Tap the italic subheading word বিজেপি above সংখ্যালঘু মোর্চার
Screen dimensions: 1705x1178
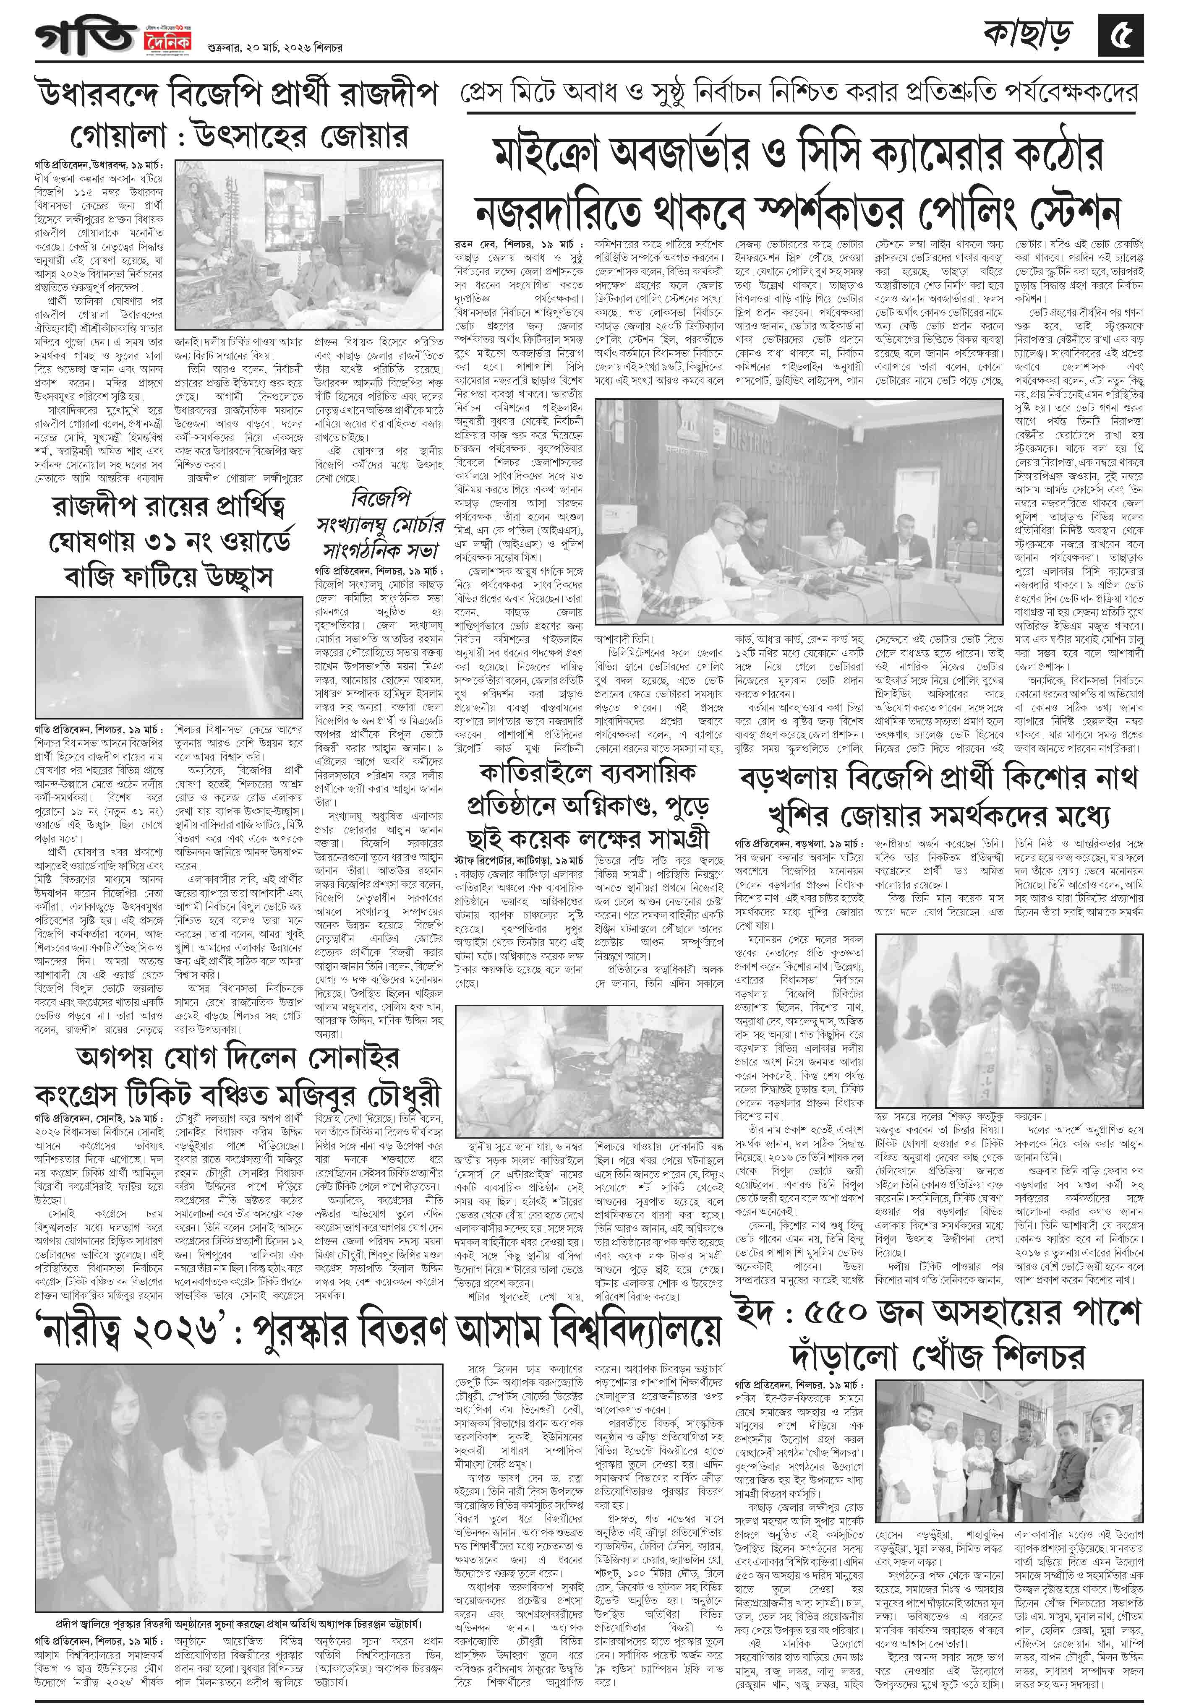tap(381, 498)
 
